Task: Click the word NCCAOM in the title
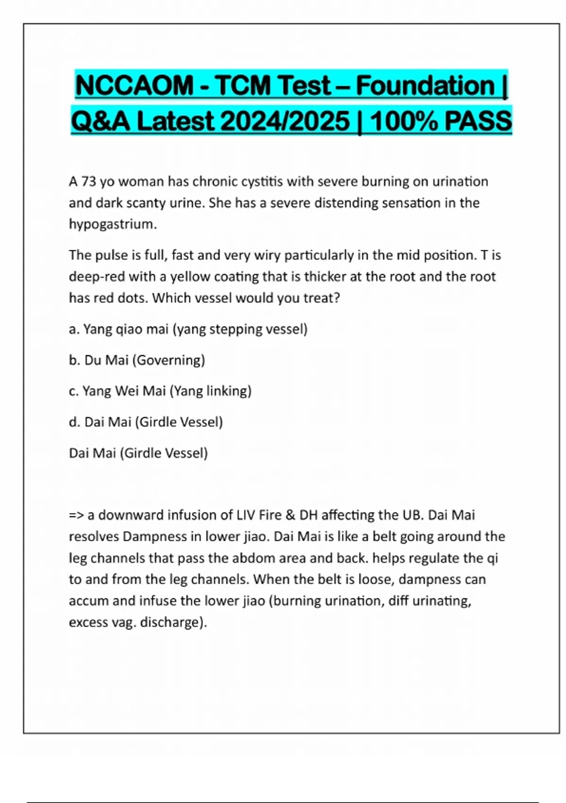point(134,86)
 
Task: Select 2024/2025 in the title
point(285,121)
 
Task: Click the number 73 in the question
point(89,182)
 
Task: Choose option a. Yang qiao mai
point(188,329)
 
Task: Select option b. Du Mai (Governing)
point(137,360)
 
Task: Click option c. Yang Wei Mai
point(160,391)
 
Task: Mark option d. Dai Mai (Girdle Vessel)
point(146,422)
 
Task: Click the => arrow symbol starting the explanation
point(76,515)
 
